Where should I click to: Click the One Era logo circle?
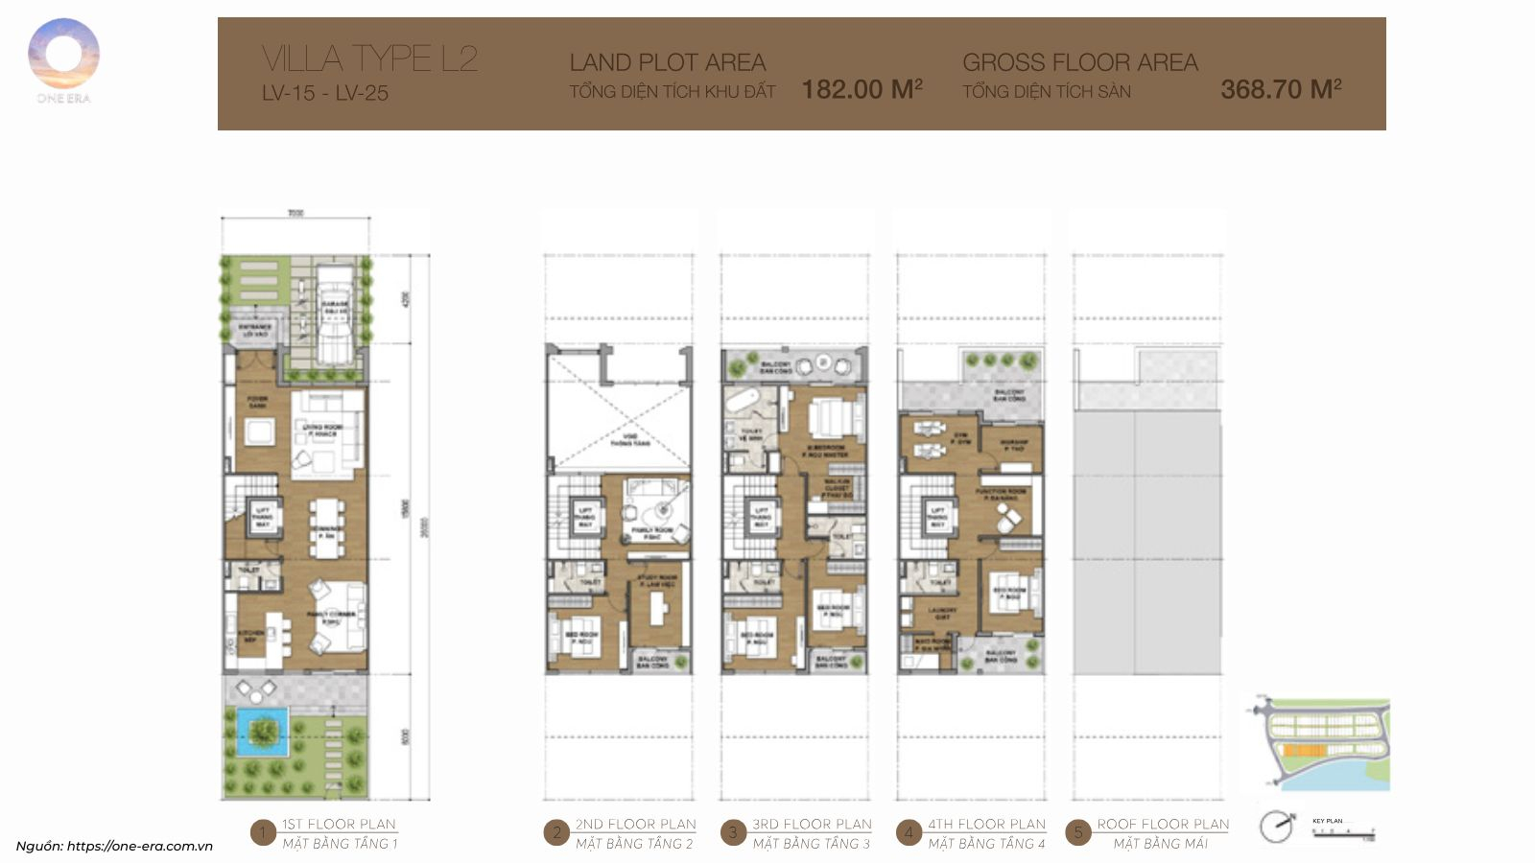(63, 53)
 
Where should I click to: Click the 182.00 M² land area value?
(862, 89)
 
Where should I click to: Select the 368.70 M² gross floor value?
(1280, 89)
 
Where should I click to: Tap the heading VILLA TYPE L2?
(369, 58)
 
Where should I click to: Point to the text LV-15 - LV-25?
(325, 93)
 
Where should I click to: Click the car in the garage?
(335, 316)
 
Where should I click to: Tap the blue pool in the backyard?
(261, 733)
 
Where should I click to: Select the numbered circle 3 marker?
(733, 833)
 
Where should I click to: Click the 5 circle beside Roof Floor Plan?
(1077, 833)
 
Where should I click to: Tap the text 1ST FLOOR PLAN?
(339, 824)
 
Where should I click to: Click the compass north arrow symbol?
(1277, 827)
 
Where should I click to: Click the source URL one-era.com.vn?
(139, 846)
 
